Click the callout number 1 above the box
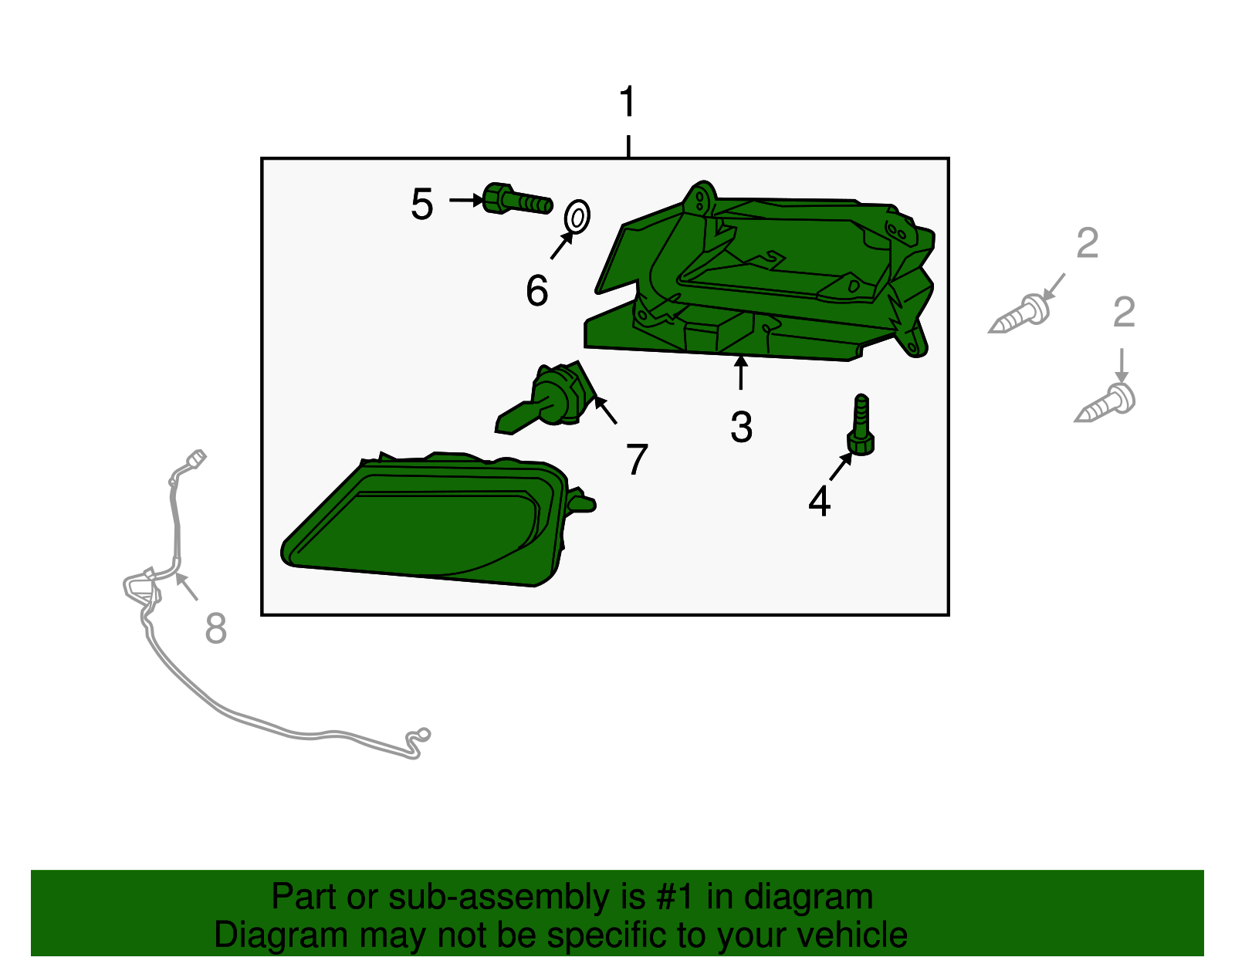coord(628,101)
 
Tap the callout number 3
coord(741,427)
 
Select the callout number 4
coord(819,502)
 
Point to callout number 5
coord(421,204)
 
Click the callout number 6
coord(537,290)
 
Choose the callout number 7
coord(637,459)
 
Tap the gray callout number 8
coord(216,628)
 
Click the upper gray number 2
coord(1088,243)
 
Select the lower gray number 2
coord(1124,312)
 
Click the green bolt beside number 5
coord(517,199)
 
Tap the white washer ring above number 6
coord(577,216)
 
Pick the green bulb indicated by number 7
coord(546,399)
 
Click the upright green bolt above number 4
coord(861,425)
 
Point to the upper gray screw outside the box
coord(1020,313)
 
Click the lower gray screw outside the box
coord(1105,403)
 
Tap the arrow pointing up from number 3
coord(740,373)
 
